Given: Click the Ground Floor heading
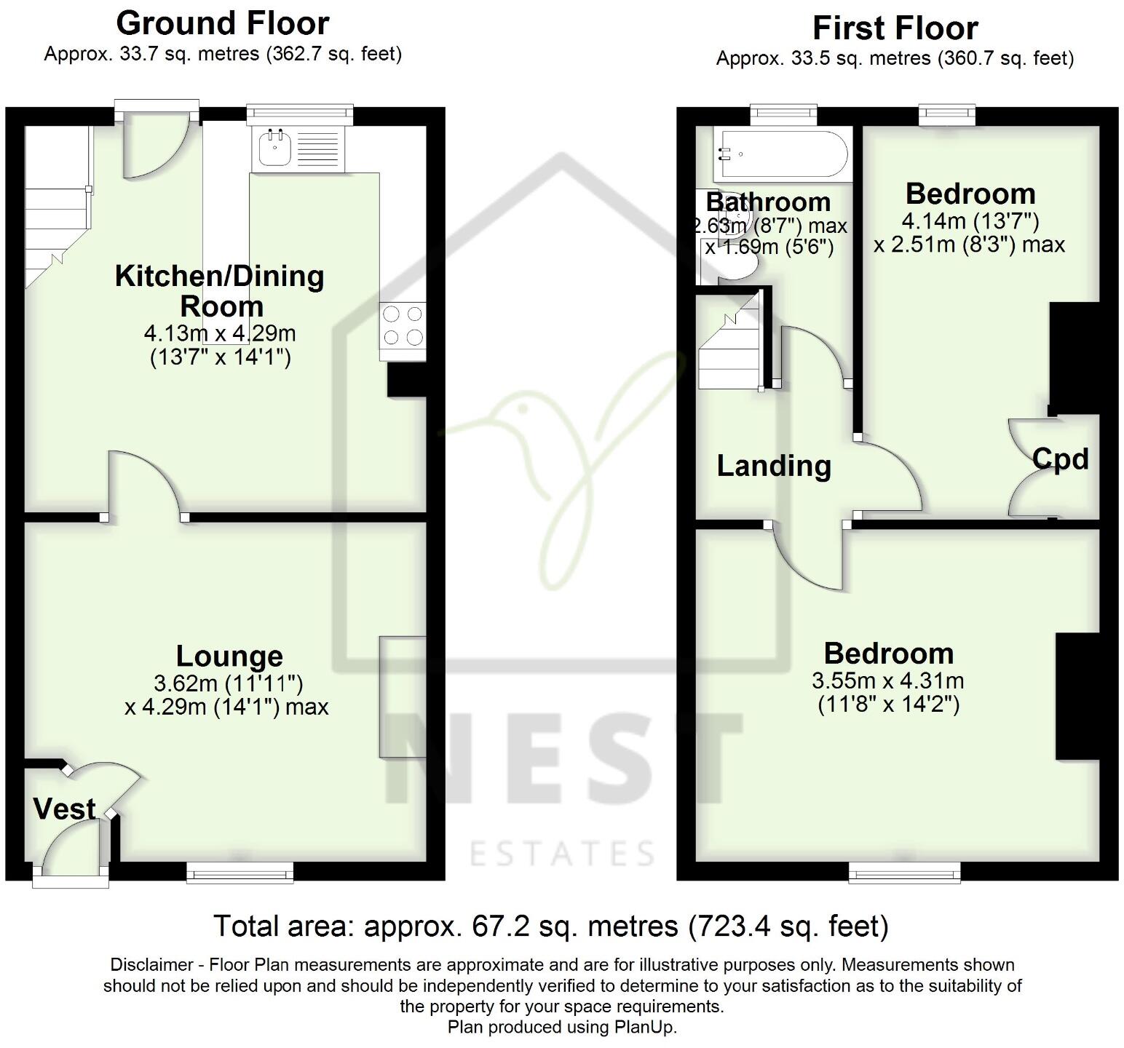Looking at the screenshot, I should [x=222, y=23].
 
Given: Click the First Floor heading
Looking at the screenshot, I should [x=895, y=28].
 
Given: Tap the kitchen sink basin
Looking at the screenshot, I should [x=275, y=151].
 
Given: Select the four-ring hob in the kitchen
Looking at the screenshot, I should [x=403, y=326].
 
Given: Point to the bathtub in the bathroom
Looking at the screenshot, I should [x=780, y=156].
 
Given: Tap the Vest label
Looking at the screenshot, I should [x=64, y=809].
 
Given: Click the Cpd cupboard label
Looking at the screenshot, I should [x=1060, y=458].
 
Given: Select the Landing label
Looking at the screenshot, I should [x=774, y=466].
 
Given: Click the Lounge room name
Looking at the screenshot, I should [x=229, y=656].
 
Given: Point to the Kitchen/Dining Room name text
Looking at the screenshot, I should [x=220, y=291].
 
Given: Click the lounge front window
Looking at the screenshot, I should [x=240, y=872].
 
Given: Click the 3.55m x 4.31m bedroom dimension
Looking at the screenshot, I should [x=887, y=681].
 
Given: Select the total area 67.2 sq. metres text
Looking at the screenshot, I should [x=550, y=926].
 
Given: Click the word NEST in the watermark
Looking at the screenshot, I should [x=561, y=757].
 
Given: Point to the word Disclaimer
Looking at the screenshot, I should [x=151, y=965].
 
